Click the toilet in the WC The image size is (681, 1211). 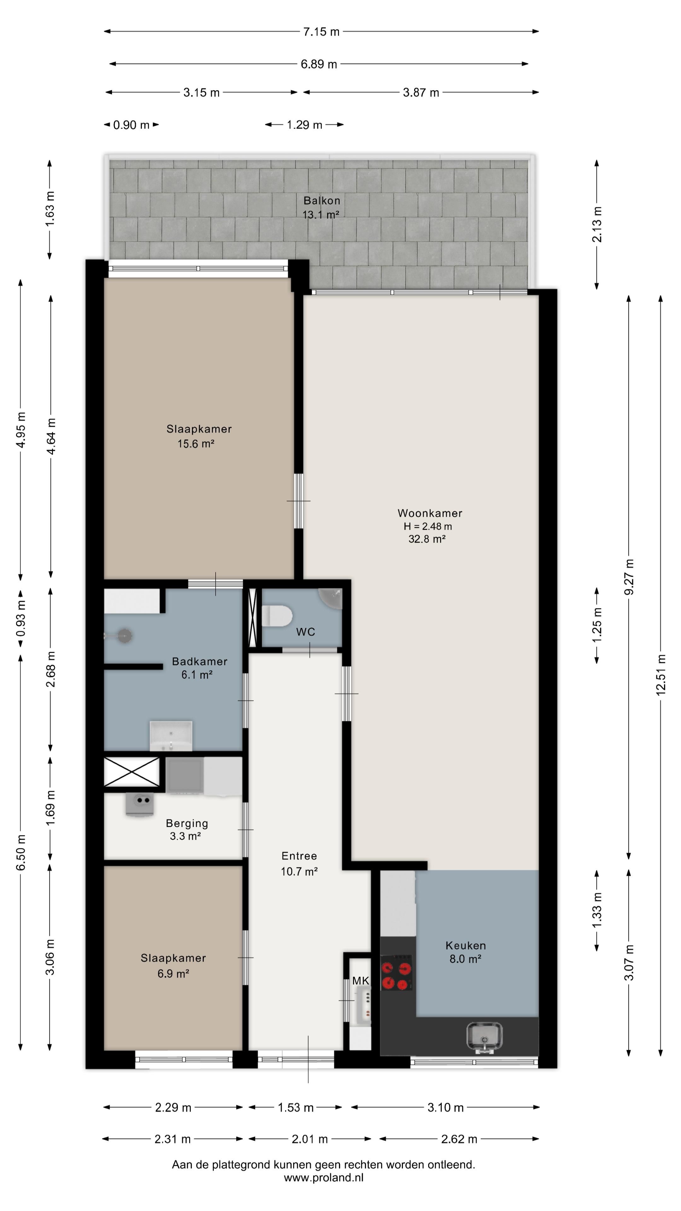pyautogui.click(x=277, y=616)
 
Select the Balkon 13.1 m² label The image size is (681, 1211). pyautogui.click(x=322, y=207)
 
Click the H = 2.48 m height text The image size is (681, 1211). pyautogui.click(x=428, y=527)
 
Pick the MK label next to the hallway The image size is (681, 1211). pyautogui.click(x=360, y=981)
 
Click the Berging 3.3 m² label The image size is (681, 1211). pyautogui.click(x=187, y=829)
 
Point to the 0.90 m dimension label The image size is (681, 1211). pyautogui.click(x=131, y=125)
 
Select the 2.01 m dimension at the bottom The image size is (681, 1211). pyautogui.click(x=309, y=1139)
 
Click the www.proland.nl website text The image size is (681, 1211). pyautogui.click(x=323, y=1178)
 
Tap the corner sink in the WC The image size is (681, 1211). pyautogui.click(x=332, y=597)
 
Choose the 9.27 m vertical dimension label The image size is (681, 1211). pyautogui.click(x=629, y=577)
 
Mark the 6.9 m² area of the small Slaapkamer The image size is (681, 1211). pyautogui.click(x=173, y=973)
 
